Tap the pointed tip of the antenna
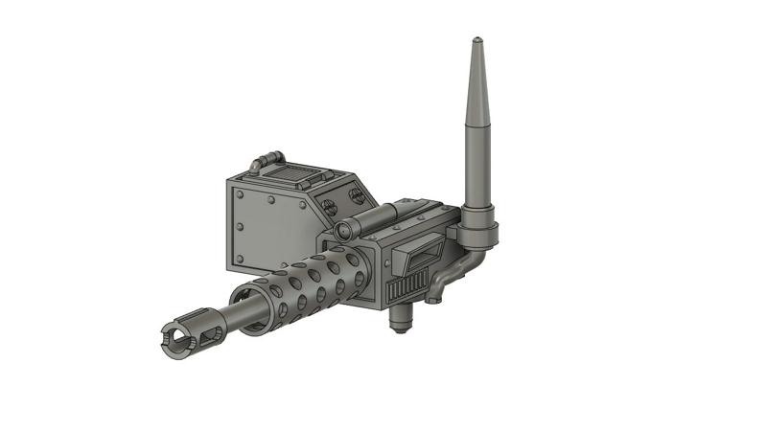tap(476, 41)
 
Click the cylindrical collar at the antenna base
tap(479, 229)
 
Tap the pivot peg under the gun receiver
tap(402, 322)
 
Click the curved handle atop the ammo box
tap(266, 160)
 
